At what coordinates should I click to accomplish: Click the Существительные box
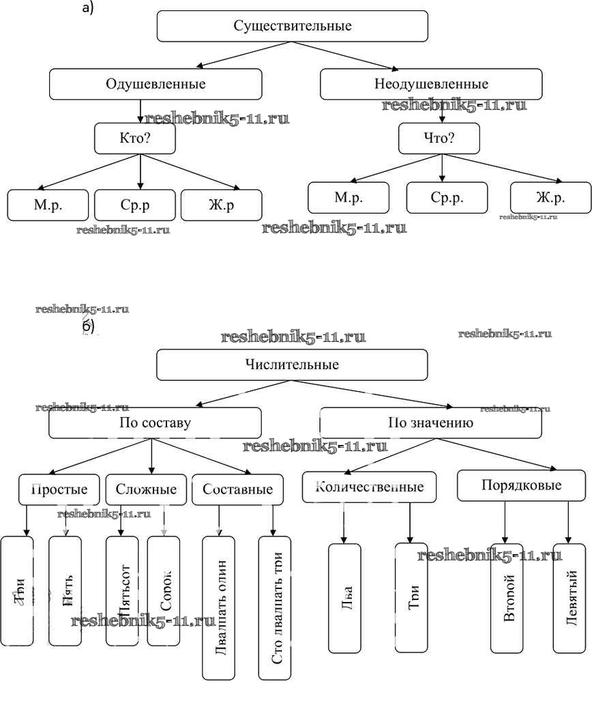pyautogui.click(x=293, y=27)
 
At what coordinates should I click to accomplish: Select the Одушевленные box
pyautogui.click(x=156, y=84)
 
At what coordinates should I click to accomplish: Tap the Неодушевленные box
pyautogui.click(x=431, y=84)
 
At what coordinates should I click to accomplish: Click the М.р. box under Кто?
pyautogui.click(x=48, y=204)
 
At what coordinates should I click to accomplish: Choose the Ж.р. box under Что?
pyautogui.click(x=550, y=198)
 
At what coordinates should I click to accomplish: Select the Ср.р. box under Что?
pyautogui.click(x=447, y=198)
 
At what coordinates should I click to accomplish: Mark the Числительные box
pyautogui.click(x=293, y=364)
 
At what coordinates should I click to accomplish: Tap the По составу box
pyautogui.click(x=156, y=422)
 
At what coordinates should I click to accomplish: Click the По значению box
pyautogui.click(x=431, y=422)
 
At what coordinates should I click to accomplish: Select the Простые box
pyautogui.click(x=59, y=489)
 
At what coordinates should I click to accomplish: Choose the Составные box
pyautogui.click(x=237, y=489)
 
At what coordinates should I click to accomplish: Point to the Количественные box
pyautogui.click(x=370, y=487)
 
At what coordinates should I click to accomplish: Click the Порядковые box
pyautogui.click(x=521, y=485)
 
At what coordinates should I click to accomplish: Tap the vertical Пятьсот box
pyautogui.click(x=122, y=591)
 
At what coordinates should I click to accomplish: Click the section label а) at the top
pyautogui.click(x=87, y=8)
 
